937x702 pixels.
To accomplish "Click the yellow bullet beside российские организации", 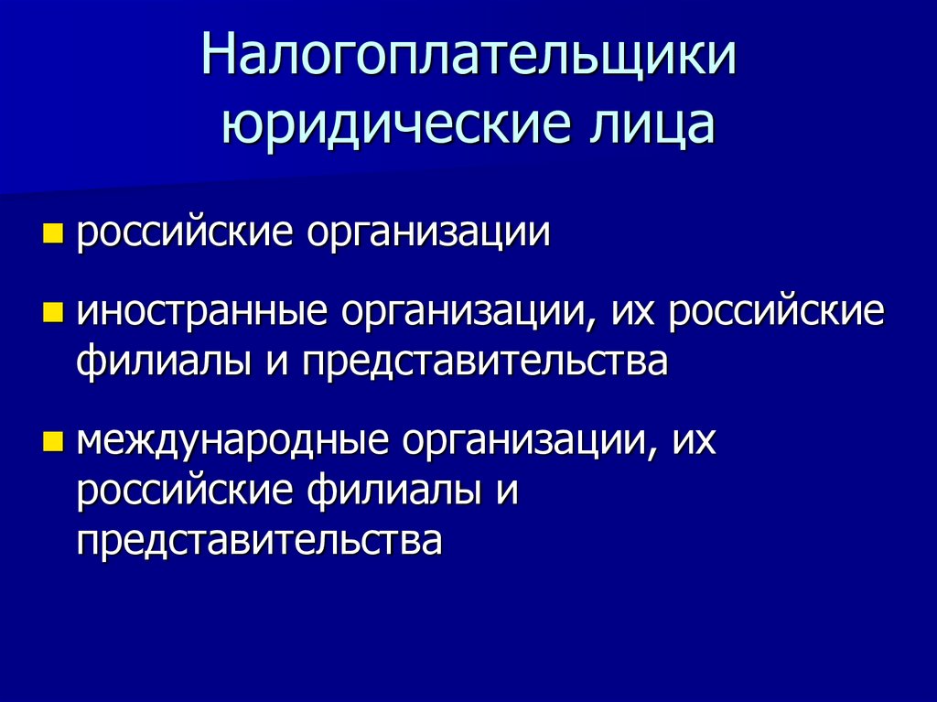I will [x=52, y=234].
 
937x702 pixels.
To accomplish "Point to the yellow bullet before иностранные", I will [x=52, y=314].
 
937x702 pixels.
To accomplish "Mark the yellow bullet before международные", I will [x=52, y=445].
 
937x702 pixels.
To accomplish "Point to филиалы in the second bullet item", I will [x=159, y=362].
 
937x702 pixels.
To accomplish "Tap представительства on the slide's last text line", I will [x=260, y=540].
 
